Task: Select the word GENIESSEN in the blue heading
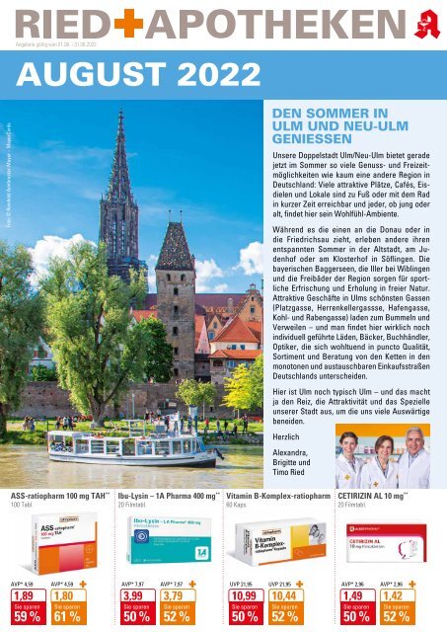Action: [x=299, y=139]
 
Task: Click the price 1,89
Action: [x=24, y=596]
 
